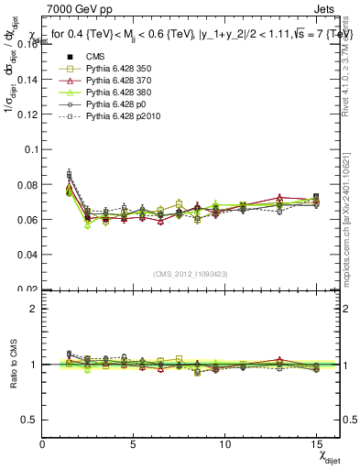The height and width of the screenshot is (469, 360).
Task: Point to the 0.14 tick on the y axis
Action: point(28,79)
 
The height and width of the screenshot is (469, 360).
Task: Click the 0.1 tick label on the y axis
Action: point(31,149)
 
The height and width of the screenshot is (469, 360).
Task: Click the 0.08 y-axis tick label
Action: point(28,184)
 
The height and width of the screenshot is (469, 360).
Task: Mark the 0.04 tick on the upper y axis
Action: point(28,255)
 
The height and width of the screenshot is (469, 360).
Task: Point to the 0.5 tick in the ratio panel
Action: point(30,420)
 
